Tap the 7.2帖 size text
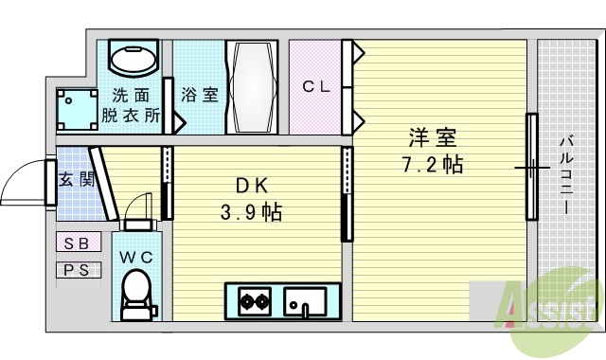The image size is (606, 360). click(432, 164)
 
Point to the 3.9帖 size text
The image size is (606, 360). click(250, 211)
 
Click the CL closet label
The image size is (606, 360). click(315, 86)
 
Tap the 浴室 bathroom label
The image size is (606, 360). click(198, 96)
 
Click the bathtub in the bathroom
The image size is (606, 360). click(252, 86)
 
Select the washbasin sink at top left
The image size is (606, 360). click(134, 60)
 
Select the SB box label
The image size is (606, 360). click(77, 243)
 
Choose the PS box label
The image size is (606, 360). click(77, 270)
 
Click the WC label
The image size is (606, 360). click(136, 256)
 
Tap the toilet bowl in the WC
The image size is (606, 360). click(137, 291)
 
